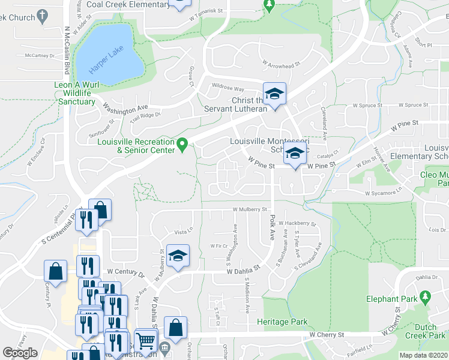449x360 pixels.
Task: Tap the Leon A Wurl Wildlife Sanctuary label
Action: tap(75, 94)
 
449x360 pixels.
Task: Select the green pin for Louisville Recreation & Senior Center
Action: tap(185, 143)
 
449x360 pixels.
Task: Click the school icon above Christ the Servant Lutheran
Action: tap(274, 94)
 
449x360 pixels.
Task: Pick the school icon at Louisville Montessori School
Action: tap(294, 154)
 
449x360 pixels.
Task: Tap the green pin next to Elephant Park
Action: tap(426, 296)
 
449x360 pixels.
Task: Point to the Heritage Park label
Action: tap(282, 322)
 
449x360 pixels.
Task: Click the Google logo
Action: tap(20, 353)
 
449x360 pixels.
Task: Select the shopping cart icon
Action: tap(146, 340)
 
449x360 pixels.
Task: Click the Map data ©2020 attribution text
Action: tap(423, 355)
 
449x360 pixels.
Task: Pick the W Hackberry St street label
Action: tap(297, 223)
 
